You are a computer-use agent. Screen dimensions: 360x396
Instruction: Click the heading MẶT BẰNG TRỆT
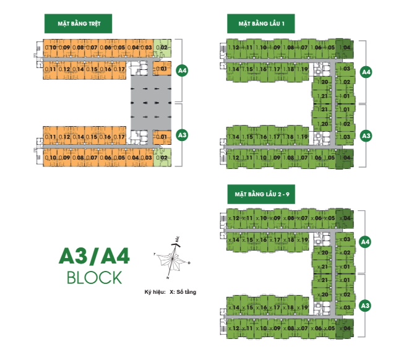[x=82, y=24]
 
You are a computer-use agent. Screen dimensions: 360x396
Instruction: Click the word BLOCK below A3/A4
[x=94, y=276]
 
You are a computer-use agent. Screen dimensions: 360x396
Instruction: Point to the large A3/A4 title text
[x=93, y=255]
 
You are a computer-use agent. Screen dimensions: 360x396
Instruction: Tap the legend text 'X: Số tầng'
[x=187, y=291]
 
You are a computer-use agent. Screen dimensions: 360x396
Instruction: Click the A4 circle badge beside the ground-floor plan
[x=182, y=71]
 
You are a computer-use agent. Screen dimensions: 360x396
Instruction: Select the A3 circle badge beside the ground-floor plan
[x=182, y=134]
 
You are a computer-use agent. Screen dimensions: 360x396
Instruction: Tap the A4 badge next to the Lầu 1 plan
[x=366, y=72]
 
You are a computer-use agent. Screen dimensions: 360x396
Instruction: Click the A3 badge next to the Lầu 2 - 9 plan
[x=366, y=305]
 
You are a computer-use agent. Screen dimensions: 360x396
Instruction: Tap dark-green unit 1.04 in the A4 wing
[x=346, y=48]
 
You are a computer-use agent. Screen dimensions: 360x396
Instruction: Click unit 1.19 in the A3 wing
[x=303, y=137]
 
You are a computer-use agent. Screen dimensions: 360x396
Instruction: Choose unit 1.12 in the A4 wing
[x=234, y=48]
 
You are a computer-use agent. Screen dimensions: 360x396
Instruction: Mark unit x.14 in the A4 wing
[x=234, y=239]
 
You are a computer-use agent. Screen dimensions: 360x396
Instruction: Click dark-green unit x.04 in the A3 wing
[x=346, y=328]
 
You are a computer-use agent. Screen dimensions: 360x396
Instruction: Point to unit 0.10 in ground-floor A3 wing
[x=52, y=158]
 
